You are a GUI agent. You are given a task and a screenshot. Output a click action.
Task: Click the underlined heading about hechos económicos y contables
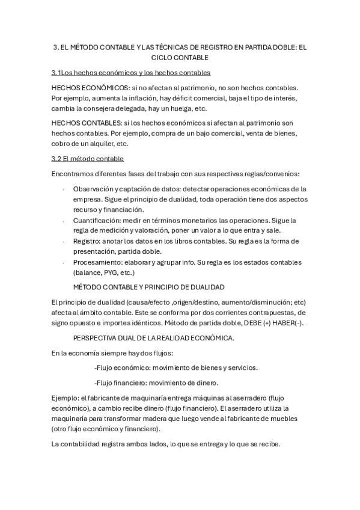pyautogui.click(x=131, y=73)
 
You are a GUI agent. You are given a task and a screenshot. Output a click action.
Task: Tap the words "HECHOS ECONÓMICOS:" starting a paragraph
pyautogui.click(x=86, y=87)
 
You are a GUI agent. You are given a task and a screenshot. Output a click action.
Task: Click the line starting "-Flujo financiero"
pyautogui.click(x=156, y=382)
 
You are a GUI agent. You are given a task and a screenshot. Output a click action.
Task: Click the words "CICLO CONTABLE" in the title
pyautogui.click(x=180, y=58)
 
